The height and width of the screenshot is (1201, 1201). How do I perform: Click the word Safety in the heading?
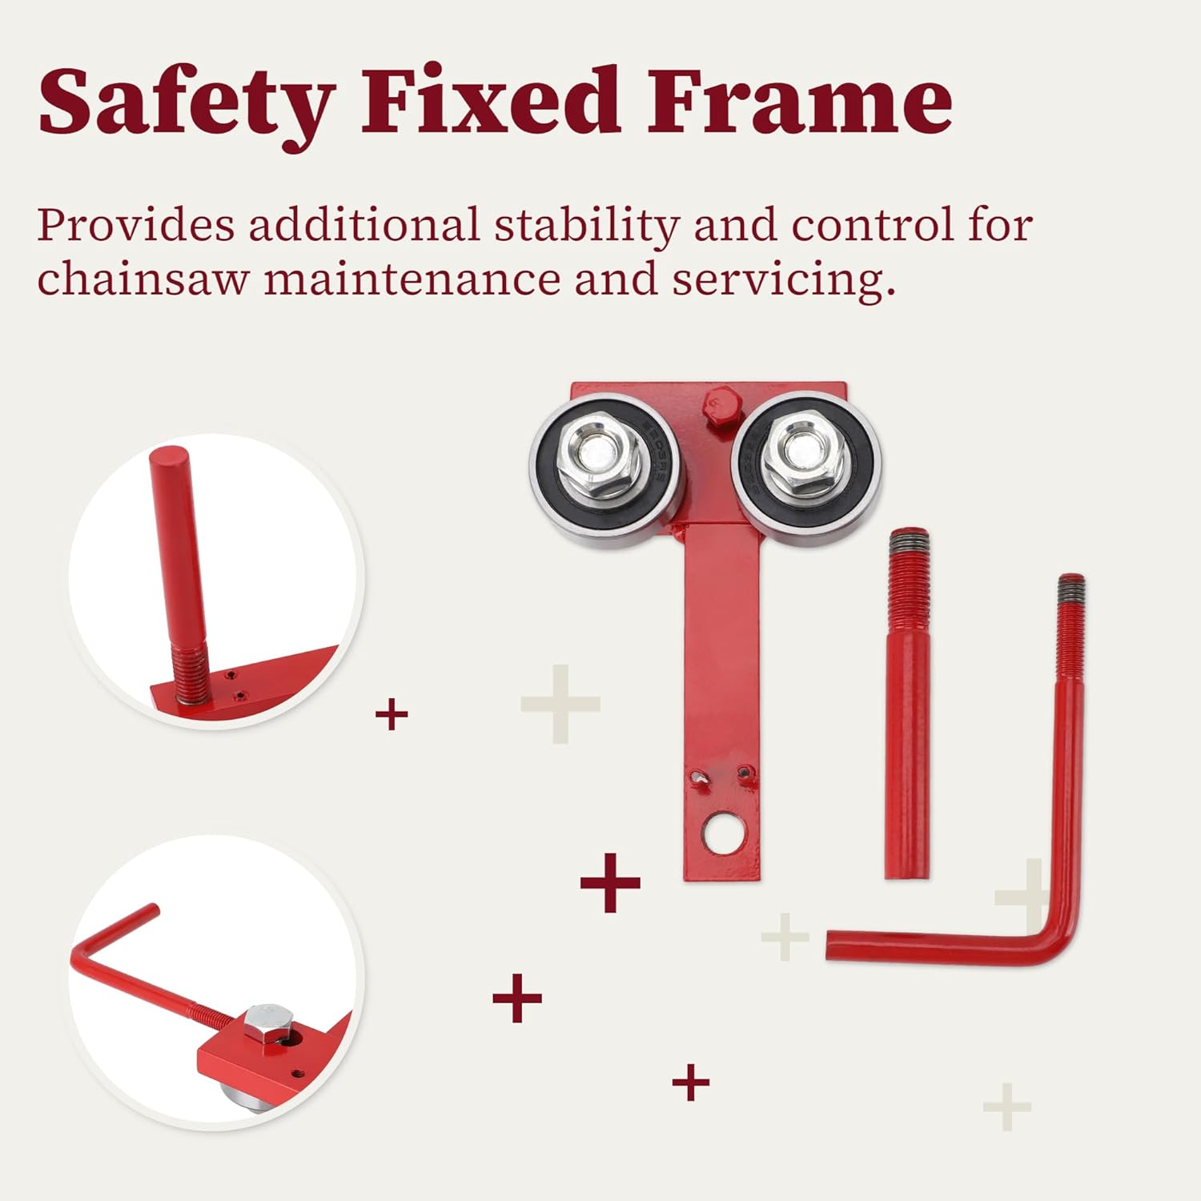pyautogui.click(x=186, y=102)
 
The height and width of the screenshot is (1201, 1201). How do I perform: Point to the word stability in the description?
pyautogui.click(x=585, y=225)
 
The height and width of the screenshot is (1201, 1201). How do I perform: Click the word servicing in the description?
pyautogui.click(x=782, y=281)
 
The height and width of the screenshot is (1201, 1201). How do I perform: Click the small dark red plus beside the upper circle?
pyautogui.click(x=392, y=714)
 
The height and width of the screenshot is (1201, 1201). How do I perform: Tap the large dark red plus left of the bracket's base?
pyautogui.click(x=610, y=883)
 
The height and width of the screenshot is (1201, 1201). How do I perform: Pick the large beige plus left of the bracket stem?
pyautogui.click(x=560, y=705)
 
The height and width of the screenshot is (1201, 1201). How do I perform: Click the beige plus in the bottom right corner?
pyautogui.click(x=1007, y=1107)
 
